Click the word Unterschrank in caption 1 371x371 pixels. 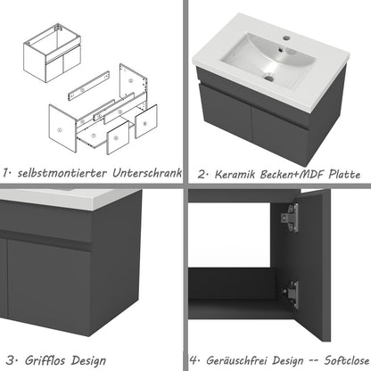point(147,172)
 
